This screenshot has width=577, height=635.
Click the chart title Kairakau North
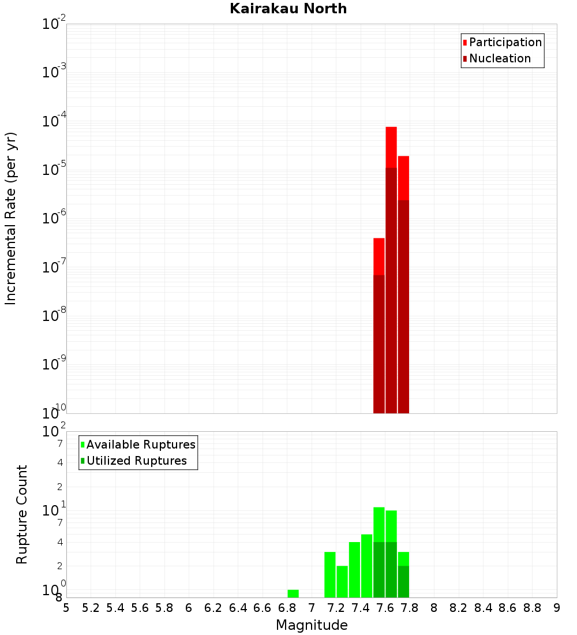coord(288,9)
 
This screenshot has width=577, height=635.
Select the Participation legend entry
coord(505,42)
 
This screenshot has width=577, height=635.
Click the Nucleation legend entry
coord(499,58)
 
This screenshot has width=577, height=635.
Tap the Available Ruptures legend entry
coord(140,444)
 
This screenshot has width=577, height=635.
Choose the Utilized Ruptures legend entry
coord(136,461)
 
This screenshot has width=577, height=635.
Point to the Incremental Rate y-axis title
coord(11,218)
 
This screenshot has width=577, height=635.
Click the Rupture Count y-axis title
coord(22,514)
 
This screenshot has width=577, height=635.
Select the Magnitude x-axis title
coord(312,625)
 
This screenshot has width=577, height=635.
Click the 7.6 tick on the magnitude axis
coord(385,608)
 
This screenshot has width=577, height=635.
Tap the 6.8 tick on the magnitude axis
coord(287,608)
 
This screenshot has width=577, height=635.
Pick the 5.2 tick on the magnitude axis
coord(91,608)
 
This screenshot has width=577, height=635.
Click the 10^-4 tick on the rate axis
coord(54,121)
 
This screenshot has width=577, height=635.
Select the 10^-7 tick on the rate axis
coord(54,267)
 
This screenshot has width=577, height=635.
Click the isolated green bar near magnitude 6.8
coord(293,593)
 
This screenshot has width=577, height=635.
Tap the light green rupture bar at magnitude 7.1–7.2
coord(330,574)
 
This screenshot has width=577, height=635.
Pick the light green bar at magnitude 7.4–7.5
coord(367,566)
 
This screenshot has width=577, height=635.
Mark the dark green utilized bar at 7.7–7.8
coord(403,581)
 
